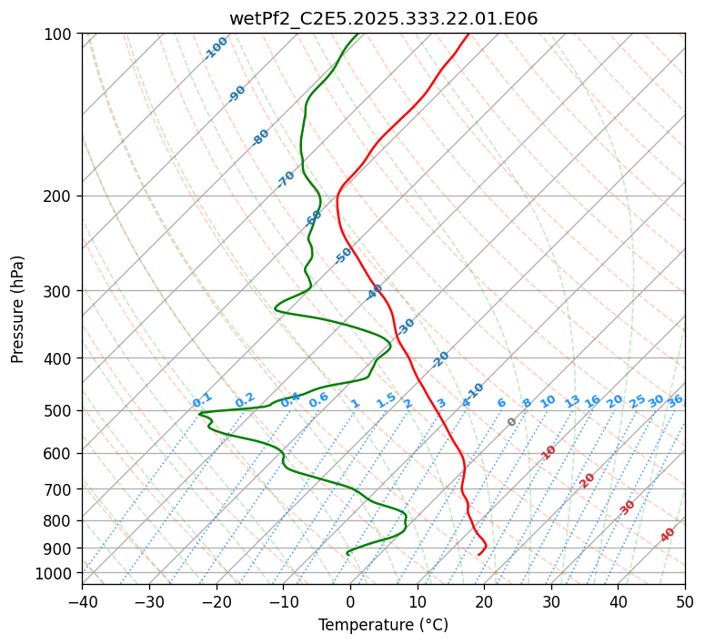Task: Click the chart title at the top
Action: pos(383,18)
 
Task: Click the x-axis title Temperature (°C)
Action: pos(383,625)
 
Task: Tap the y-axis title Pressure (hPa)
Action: pos(18,309)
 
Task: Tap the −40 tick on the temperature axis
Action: pos(82,601)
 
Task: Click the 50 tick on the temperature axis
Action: pos(685,601)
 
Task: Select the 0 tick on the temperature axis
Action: pos(350,601)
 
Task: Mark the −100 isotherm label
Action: pos(216,48)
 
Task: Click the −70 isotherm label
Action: pos(286,179)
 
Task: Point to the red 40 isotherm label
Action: pos(668,535)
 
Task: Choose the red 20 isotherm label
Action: pos(588,479)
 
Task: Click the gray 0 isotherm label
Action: pos(512,422)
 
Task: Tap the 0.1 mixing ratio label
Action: pos(202,400)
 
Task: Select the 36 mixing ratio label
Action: pos(675,400)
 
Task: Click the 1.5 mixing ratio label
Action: pos(386,400)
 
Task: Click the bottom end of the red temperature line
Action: pos(478,554)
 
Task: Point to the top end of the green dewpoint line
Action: pos(358,35)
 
